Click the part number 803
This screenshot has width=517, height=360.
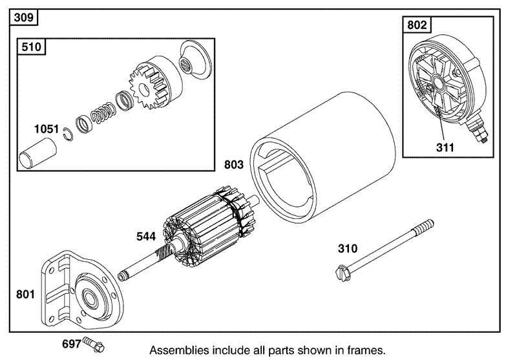[x=234, y=165]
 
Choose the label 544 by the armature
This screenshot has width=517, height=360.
[x=145, y=237]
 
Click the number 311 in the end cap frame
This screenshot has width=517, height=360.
[x=445, y=147]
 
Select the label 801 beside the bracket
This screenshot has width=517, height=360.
[x=26, y=295]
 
